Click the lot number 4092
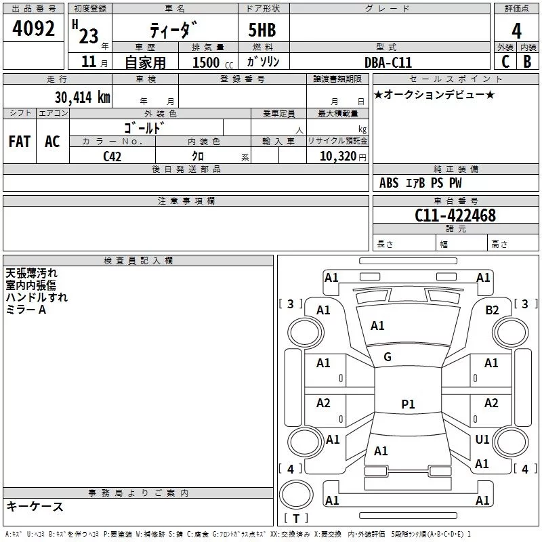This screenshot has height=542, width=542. [33, 28]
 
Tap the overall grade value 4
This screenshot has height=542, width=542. [516, 31]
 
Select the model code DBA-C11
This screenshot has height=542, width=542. [388, 62]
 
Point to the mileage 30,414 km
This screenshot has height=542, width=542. [82, 98]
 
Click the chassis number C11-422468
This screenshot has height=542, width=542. [455, 215]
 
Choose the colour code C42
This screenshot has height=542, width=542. [112, 157]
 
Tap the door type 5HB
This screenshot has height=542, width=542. [262, 30]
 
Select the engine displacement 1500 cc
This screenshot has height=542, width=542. [213, 62]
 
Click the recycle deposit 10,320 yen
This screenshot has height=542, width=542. [343, 157]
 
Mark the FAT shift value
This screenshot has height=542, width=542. [20, 142]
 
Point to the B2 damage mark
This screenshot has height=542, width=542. [492, 310]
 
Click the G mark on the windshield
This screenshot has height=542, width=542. [388, 357]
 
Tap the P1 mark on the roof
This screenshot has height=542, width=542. [408, 404]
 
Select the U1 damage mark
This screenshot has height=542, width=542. [482, 439]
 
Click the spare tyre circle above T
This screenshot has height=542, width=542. [296, 494]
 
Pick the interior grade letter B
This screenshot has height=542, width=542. [527, 62]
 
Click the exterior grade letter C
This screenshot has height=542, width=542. [505, 62]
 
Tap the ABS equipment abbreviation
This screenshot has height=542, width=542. [389, 183]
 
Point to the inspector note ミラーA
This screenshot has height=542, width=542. [26, 310]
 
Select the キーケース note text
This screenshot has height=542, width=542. [35, 506]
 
